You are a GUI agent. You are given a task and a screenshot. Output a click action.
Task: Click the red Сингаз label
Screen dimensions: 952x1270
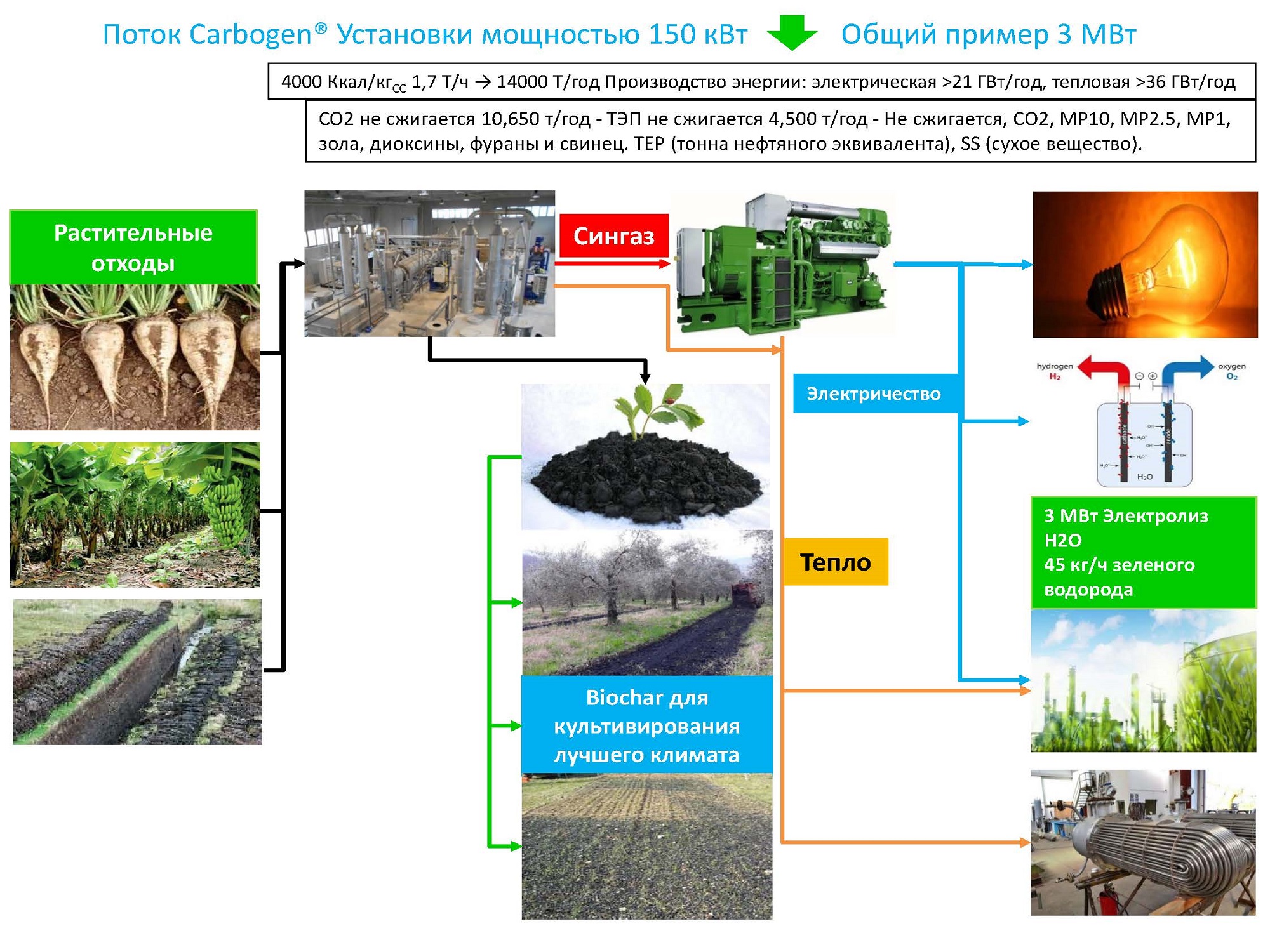coord(613,235)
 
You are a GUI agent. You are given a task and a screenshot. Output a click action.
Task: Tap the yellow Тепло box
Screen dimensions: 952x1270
coord(835,562)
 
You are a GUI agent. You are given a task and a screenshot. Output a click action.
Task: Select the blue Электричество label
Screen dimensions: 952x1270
coord(874,393)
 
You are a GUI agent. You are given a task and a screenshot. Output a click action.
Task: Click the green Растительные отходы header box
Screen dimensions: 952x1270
coord(133,248)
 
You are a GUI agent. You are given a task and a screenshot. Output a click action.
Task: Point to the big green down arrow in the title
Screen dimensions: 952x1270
coord(792,33)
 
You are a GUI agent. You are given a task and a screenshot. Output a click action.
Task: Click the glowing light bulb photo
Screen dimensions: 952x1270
coord(1144,264)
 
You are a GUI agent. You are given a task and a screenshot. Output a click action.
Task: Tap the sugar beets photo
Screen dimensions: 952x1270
coord(135,357)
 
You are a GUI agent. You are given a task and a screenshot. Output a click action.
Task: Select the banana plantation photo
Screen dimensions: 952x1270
coord(135,515)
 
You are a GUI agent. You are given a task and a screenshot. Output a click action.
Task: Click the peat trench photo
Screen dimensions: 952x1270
coord(137,671)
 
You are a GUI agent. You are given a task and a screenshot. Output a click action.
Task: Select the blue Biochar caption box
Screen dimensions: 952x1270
coord(646,725)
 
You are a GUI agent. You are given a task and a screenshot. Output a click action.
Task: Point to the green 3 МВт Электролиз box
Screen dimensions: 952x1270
coord(1143,553)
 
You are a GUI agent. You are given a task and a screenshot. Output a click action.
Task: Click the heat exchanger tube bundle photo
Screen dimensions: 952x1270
coord(1143,843)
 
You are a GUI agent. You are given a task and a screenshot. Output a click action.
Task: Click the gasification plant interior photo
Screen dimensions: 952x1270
coord(429,263)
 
